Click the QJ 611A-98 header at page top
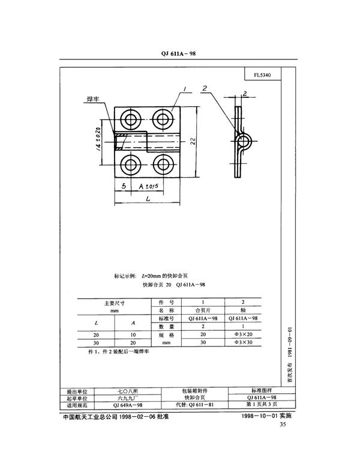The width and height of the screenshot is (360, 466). [179, 53]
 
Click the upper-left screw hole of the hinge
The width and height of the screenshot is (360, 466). [130, 116]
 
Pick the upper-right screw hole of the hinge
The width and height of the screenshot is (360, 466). [161, 116]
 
